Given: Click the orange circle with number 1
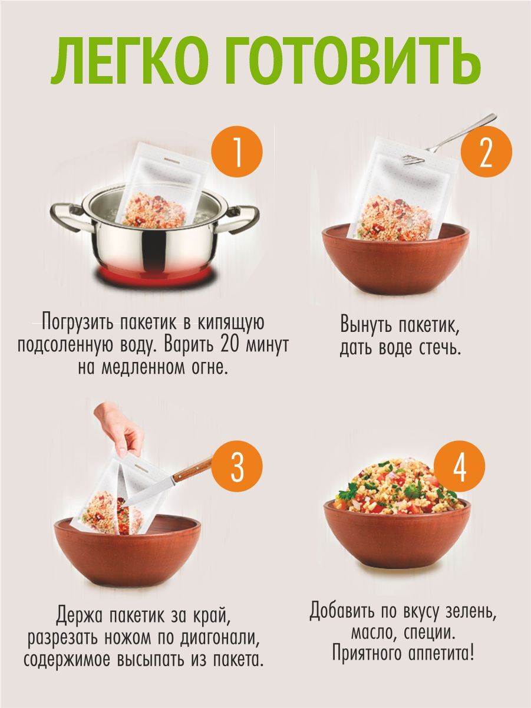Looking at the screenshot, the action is [237, 152].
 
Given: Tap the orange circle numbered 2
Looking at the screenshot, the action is [486, 152].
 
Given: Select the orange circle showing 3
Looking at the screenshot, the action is [237, 466].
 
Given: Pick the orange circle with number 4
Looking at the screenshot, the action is [460, 466].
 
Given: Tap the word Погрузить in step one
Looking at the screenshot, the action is [77, 323].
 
